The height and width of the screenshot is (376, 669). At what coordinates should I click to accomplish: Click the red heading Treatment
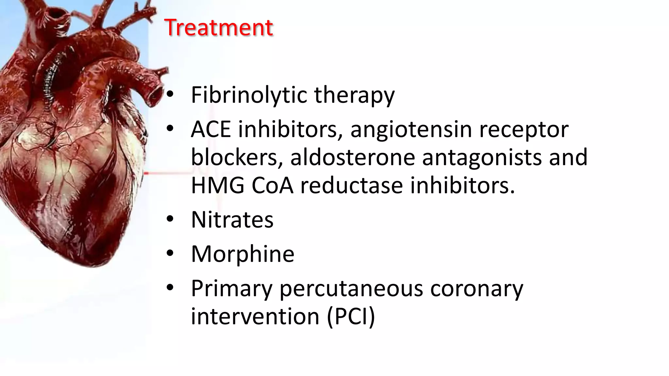[218, 27]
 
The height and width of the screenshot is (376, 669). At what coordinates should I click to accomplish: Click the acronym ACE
[211, 129]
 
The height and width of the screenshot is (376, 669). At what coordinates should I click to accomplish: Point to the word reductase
[351, 185]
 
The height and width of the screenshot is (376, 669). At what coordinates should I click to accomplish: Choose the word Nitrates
[232, 220]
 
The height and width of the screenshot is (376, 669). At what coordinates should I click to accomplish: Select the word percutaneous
[351, 289]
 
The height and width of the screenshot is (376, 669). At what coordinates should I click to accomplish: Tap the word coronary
[477, 289]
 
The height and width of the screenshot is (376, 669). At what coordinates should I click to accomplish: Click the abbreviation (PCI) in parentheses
[351, 317]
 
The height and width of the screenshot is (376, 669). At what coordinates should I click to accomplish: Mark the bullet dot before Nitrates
[170, 220]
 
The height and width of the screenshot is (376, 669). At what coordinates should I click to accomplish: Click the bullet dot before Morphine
[170, 254]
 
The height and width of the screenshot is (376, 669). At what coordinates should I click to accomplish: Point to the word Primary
[232, 289]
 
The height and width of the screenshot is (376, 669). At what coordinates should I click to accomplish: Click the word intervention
[255, 317]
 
